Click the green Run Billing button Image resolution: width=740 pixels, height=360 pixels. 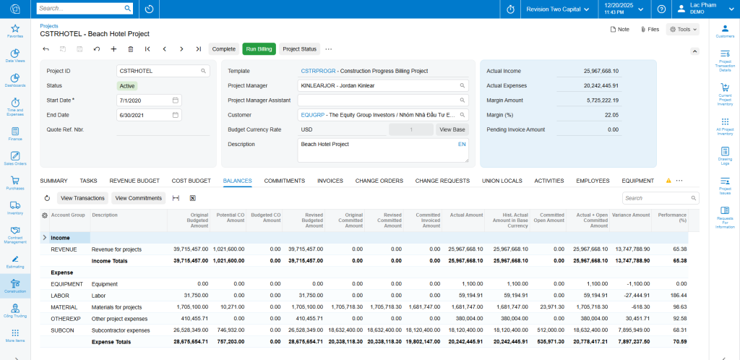259,49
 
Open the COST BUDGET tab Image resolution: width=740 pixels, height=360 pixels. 191,181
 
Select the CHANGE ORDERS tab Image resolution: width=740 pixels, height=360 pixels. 379,181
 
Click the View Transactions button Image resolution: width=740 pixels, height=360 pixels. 82,198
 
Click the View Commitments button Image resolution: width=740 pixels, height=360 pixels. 139,198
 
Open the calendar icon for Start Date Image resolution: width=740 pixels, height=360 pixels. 176,100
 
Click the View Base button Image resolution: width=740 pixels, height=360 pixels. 452,129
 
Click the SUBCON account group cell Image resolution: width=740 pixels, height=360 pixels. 64,330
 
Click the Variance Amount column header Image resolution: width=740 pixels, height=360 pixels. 632,215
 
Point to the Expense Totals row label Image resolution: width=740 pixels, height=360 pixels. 111,342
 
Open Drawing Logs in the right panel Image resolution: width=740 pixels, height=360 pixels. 725,155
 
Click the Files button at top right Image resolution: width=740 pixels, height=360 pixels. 650,30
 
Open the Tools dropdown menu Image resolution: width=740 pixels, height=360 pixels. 682,30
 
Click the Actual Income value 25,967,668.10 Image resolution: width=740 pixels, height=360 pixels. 593,71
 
